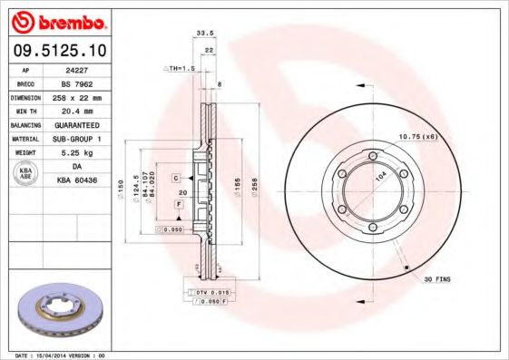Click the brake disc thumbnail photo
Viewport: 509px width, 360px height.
[x=56, y=313]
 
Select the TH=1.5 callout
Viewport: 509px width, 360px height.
[x=180, y=69]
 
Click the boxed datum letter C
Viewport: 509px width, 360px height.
[x=176, y=177]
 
